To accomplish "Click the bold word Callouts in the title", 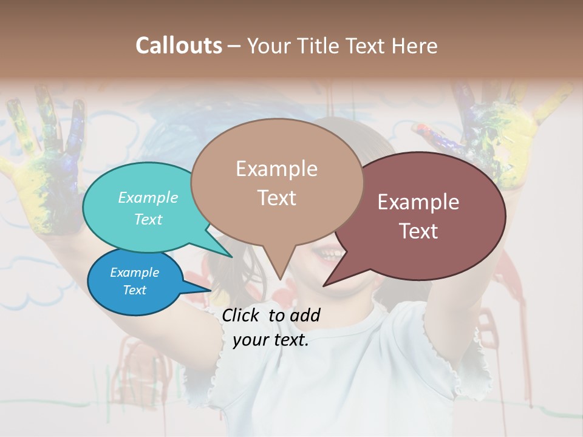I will point(179,46).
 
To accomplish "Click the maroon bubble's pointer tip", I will point(324,285).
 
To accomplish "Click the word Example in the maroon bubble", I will point(418,202).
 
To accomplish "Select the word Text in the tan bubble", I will point(276,198).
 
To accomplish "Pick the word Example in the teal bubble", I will point(148,197).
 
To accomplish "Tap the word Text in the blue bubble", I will point(135,290).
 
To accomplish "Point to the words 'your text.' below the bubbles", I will point(270,340).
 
